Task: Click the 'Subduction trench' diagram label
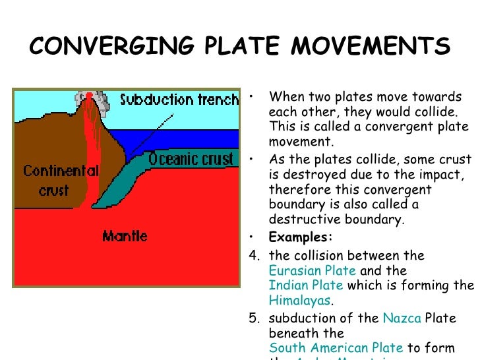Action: pos(179,100)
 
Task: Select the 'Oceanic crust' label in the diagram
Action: pos(191,159)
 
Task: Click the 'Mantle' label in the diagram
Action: pos(125,235)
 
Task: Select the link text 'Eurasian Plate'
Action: pos(312,270)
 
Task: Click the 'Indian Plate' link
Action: pos(305,285)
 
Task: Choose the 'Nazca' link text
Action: pos(402,318)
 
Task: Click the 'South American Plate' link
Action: pos(336,347)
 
